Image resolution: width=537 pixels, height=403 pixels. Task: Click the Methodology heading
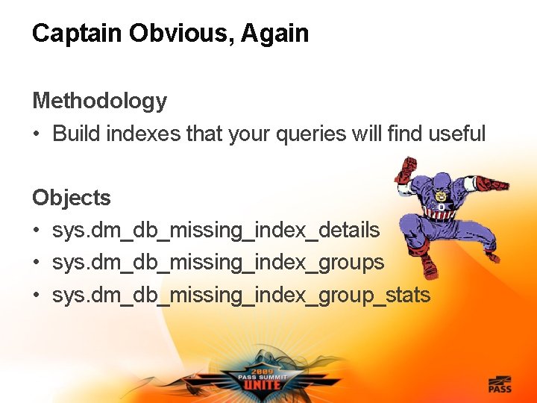[99, 101]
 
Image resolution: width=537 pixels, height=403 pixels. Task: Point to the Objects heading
[71, 198]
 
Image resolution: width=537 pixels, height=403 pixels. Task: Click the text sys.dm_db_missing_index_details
[216, 231]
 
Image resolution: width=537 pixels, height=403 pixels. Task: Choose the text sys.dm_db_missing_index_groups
[218, 263]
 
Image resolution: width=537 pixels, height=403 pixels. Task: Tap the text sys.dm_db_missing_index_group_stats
[241, 296]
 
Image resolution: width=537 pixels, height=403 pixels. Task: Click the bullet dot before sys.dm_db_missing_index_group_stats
[36, 296]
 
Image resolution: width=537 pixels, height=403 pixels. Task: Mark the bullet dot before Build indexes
[36, 134]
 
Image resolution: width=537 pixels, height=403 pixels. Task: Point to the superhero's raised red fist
[405, 169]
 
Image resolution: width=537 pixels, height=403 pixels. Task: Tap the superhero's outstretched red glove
[492, 183]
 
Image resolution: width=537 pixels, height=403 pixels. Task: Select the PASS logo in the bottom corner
[499, 384]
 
